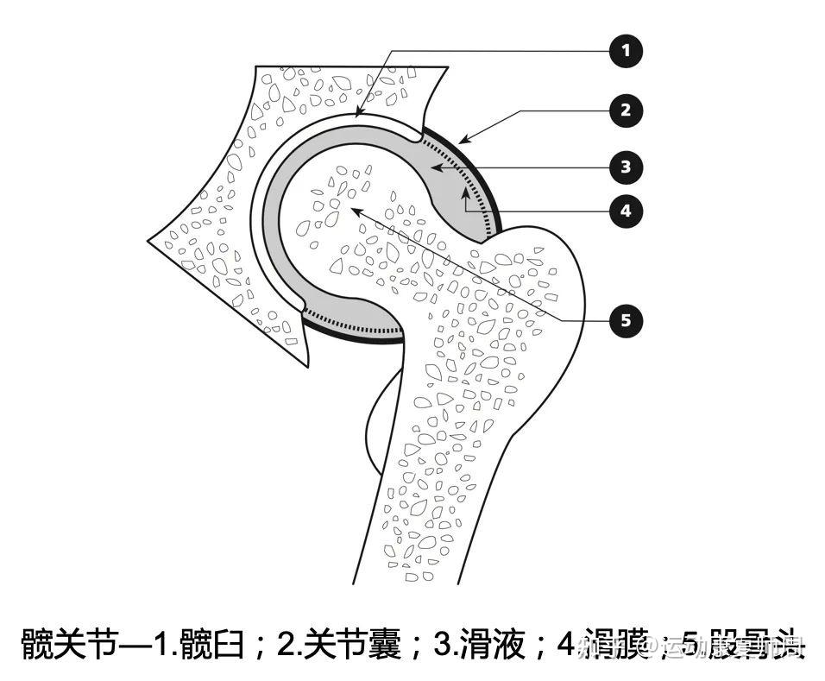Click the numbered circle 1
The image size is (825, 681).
tap(626, 51)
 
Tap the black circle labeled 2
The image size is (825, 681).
tap(626, 110)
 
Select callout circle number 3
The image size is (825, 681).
tap(626, 166)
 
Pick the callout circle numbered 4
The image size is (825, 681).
tap(626, 210)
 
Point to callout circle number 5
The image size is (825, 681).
tap(626, 321)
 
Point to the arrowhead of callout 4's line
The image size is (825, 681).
tap(467, 192)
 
